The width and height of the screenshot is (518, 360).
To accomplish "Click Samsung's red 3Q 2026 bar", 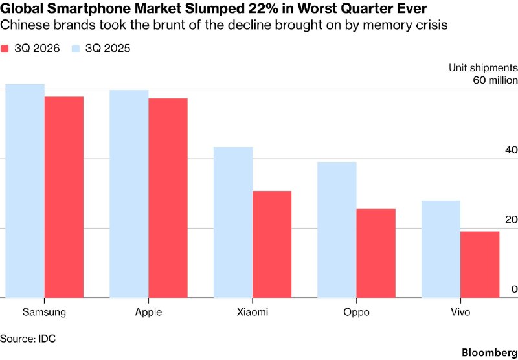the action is pyautogui.click(x=64, y=197).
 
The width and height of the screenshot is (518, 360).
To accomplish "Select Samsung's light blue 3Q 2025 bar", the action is pyautogui.click(x=25, y=191).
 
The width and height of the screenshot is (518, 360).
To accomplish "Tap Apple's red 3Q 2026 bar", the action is pyautogui.click(x=168, y=198).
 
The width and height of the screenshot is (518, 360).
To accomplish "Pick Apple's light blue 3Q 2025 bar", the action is pyautogui.click(x=129, y=194).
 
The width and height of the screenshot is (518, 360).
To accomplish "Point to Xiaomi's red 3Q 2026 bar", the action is pyautogui.click(x=272, y=244).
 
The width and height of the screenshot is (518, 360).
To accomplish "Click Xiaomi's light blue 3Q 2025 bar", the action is pyautogui.click(x=233, y=222).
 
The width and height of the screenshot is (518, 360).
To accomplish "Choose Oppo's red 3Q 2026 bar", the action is pyautogui.click(x=376, y=253).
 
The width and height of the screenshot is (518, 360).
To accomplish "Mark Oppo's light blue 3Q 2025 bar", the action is pyautogui.click(x=337, y=230).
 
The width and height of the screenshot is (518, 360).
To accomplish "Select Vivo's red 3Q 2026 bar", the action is pyautogui.click(x=480, y=265).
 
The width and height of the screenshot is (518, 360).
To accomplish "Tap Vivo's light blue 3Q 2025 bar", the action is pyautogui.click(x=441, y=249).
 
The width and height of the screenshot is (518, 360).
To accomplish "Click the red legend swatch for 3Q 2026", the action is pyautogui.click(x=4, y=49).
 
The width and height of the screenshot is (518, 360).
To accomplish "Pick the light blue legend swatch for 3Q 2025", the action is pyautogui.click(x=76, y=49).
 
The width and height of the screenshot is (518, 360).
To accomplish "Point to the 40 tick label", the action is pyautogui.click(x=510, y=150).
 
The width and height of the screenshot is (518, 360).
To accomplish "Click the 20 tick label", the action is pyautogui.click(x=510, y=219).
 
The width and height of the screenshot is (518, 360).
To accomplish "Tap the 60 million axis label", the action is pyautogui.click(x=495, y=80).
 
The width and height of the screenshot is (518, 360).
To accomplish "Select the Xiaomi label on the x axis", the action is pyautogui.click(x=253, y=312).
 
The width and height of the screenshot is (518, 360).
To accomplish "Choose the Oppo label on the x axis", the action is pyautogui.click(x=356, y=313).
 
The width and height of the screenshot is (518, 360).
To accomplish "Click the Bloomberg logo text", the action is pyautogui.click(x=490, y=352).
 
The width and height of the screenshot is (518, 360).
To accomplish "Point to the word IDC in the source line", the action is pyautogui.click(x=47, y=339).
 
